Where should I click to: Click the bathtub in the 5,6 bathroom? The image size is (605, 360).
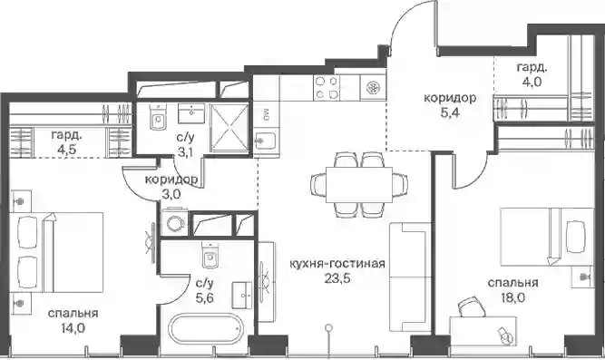click(206, 329)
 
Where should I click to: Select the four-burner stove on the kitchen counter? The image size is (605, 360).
click(327, 87)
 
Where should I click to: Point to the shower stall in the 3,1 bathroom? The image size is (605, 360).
click(229, 128)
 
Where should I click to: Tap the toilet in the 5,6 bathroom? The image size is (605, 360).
click(210, 255)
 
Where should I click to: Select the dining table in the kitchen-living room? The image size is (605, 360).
click(359, 184)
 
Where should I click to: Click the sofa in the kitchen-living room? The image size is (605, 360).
click(410, 277)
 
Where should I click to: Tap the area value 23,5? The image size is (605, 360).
click(337, 278)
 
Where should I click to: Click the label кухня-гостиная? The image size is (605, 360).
click(337, 264)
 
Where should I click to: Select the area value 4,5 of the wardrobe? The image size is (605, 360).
click(66, 150)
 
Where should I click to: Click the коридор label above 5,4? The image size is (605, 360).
click(450, 98)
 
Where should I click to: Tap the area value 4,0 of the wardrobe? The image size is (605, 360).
click(532, 82)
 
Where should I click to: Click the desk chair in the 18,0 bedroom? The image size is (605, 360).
click(470, 306)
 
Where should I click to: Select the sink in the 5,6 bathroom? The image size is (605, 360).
click(242, 295)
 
